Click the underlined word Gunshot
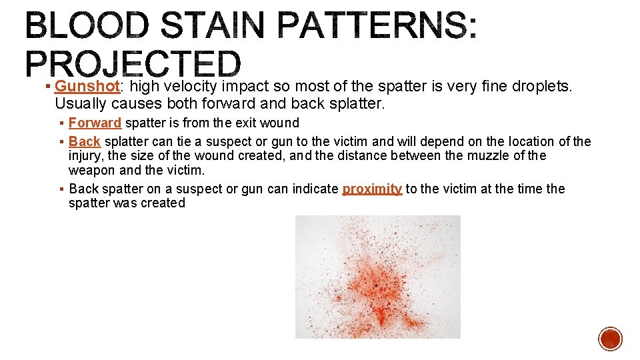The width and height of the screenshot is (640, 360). tap(87, 87)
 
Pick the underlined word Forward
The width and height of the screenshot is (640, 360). tap(95, 123)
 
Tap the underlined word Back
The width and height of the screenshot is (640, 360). tap(84, 141)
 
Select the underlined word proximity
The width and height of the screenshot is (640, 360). tap(372, 189)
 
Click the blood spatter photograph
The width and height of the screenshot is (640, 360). tap(377, 277)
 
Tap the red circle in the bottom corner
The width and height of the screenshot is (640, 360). tap(610, 339)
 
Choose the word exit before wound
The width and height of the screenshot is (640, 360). tap(241, 123)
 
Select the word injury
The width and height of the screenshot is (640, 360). tap(85, 156)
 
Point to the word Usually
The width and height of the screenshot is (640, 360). tap(81, 104)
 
